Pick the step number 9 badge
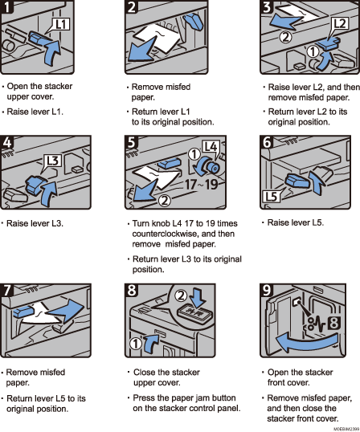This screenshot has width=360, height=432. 269,287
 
